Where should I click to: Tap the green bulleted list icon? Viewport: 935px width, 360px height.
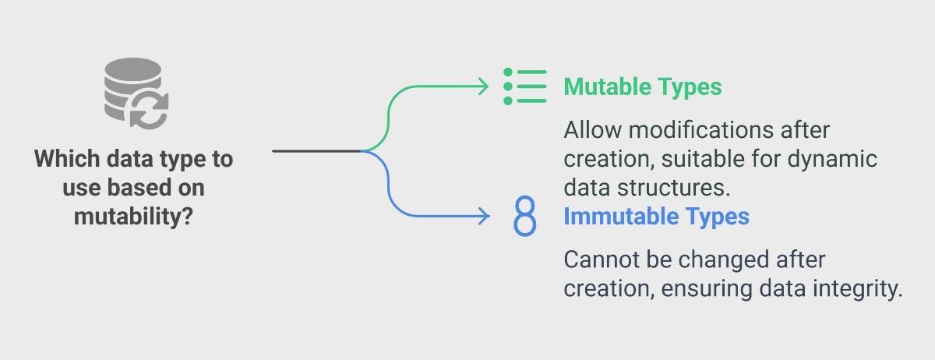pos(525,86)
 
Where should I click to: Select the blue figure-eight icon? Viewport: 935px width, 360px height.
pos(524,216)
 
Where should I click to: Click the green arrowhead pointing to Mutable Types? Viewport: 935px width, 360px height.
pos(484,86)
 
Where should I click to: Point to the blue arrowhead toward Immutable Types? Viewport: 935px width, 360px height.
pos(484,216)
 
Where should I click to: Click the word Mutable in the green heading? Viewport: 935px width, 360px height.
pos(607,86)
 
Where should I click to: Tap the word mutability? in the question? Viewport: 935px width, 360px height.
pos(133,217)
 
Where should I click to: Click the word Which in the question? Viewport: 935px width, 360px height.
pos(67,159)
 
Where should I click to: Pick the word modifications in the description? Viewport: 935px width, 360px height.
pos(701,130)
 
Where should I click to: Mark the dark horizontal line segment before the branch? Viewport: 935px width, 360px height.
pos(317,150)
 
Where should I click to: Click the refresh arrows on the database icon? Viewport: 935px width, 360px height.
pos(149,110)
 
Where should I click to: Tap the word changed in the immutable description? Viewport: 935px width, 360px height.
pos(723,260)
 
